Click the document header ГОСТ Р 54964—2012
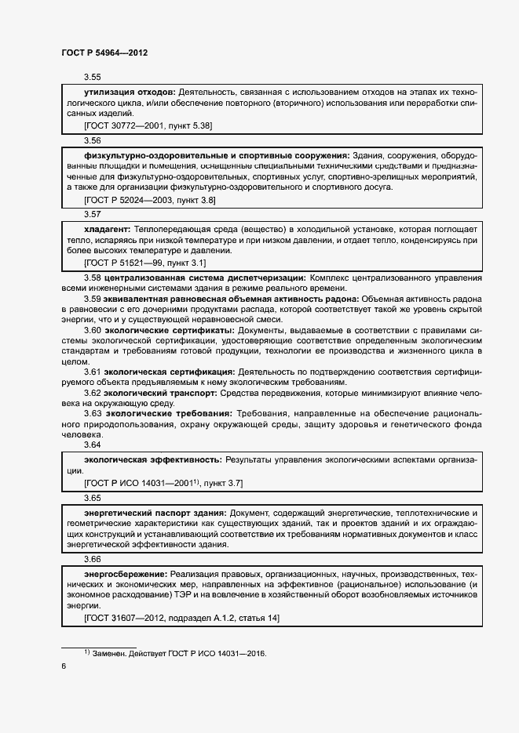pos(104,53)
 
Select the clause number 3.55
pos(93,78)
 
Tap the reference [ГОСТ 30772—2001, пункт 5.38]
pos(148,125)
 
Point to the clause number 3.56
pos(93,140)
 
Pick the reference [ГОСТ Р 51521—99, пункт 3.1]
pos(144,262)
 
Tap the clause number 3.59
pos(93,299)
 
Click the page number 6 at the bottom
pos(64,666)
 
